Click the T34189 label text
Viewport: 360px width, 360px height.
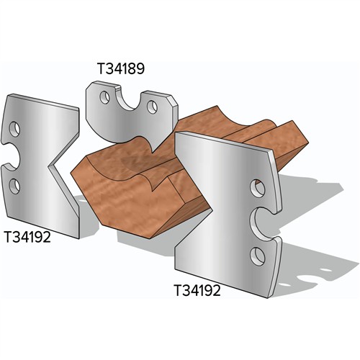pyautogui.click(x=122, y=70)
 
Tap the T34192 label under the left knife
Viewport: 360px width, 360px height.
pyautogui.click(x=27, y=237)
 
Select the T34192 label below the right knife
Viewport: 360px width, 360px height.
pyautogui.click(x=197, y=291)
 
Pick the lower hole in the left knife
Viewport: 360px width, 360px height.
pyautogui.click(x=14, y=185)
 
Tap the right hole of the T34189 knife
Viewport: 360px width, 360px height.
pyautogui.click(x=152, y=107)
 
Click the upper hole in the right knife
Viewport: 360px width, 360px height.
pyautogui.click(x=257, y=188)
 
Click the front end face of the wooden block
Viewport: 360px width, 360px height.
pyautogui.click(x=122, y=205)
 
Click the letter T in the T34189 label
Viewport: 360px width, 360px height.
pyautogui.click(x=102, y=70)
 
